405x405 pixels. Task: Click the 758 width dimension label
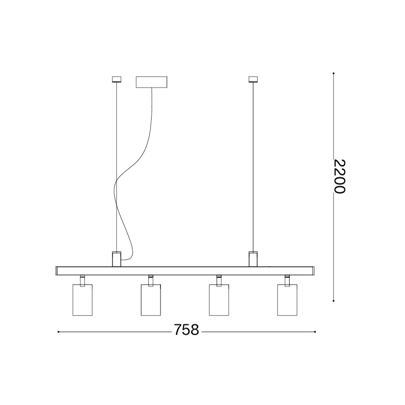coord(186,330)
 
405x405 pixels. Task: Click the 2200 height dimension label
coord(340,177)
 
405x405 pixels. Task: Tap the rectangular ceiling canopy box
coord(151,82)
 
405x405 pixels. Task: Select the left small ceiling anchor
coord(116,79)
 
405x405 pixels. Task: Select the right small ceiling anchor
coord(253,79)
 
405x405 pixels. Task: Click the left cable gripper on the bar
coord(116,259)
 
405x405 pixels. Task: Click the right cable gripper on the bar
coord(253,259)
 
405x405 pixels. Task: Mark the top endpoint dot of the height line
coord(333,73)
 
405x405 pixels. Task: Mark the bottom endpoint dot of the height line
coord(333,301)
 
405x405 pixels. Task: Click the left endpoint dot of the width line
coord(58,332)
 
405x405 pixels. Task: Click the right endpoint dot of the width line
coord(315,332)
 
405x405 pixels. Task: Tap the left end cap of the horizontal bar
coord(57,270)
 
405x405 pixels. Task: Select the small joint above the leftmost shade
coord(83,279)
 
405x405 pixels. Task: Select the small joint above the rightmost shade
coord(287,279)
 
